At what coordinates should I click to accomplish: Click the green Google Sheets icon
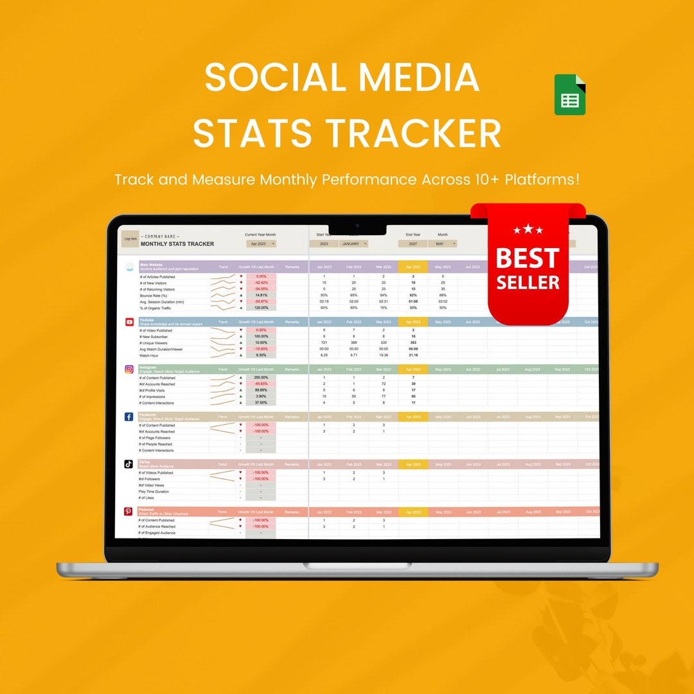tap(570, 95)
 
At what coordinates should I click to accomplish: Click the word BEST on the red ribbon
tap(528, 258)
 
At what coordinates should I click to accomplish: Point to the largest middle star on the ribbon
tap(528, 228)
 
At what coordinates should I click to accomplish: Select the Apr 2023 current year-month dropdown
tap(261, 244)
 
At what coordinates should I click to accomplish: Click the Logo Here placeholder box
tap(130, 239)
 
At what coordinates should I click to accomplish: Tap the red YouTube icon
tap(130, 322)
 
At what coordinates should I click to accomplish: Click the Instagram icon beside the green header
tap(129, 369)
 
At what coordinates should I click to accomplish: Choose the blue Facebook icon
tap(129, 417)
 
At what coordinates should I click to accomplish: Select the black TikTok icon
tap(129, 464)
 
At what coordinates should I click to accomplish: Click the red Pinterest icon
tap(129, 512)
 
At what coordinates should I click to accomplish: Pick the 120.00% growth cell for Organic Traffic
tap(261, 308)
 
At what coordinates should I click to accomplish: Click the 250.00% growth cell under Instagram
tap(261, 378)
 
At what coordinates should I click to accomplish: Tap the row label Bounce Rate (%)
tap(154, 296)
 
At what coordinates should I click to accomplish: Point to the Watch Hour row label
tap(149, 355)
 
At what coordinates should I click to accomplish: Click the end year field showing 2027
tap(412, 244)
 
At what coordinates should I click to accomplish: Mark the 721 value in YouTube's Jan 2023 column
tap(324, 343)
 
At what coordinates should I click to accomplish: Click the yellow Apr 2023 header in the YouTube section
tap(413, 322)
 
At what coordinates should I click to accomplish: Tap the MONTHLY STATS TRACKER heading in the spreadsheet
tap(177, 244)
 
